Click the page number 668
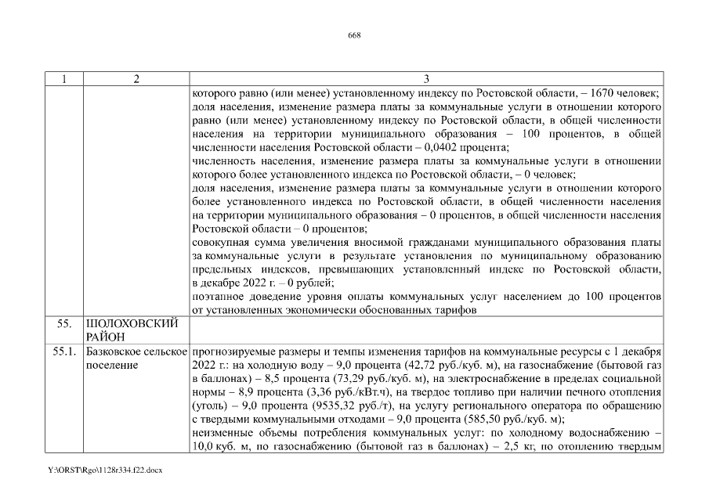click(x=354, y=35)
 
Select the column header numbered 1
click(x=63, y=79)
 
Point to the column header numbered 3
click(x=425, y=79)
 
